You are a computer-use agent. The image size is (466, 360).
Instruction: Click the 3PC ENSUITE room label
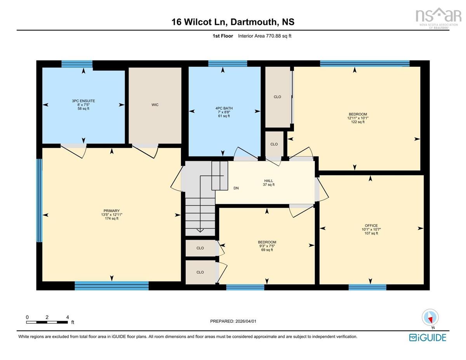(x=83, y=101)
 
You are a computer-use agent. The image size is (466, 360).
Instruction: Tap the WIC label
(x=155, y=105)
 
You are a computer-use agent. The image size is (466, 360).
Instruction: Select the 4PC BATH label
(x=224, y=108)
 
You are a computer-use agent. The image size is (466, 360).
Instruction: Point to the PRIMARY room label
(x=111, y=211)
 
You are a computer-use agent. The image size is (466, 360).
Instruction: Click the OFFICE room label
(x=371, y=226)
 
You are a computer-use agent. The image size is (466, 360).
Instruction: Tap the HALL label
(x=268, y=181)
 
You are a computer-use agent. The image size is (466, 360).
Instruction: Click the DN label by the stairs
(x=236, y=188)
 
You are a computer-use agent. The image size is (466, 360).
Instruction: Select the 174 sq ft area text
(x=111, y=219)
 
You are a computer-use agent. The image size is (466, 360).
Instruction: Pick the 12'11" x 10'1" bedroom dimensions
(x=358, y=118)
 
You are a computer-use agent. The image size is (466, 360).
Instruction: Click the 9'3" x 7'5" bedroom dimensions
(x=267, y=246)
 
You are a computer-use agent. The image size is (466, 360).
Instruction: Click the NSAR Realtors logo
(x=438, y=18)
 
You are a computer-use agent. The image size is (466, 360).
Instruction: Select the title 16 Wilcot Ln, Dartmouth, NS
(x=233, y=22)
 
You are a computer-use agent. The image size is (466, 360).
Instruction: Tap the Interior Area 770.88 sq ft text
(x=264, y=36)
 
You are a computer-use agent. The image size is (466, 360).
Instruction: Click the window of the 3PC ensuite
(x=77, y=64)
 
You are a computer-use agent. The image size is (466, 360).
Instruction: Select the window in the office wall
(x=367, y=287)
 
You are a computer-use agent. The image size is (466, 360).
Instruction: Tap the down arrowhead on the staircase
(x=200, y=231)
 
